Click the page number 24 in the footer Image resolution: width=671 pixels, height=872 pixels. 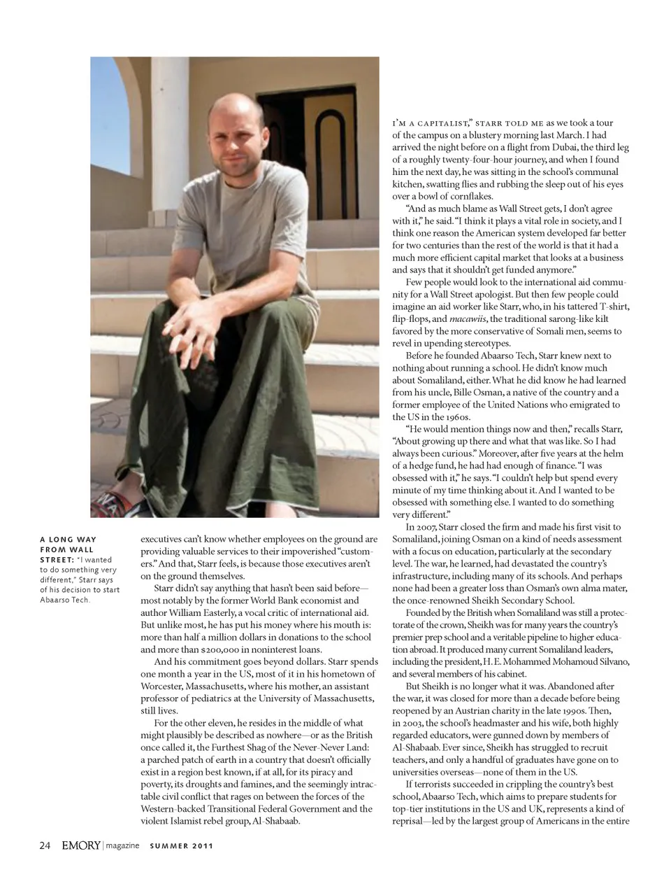[45, 845]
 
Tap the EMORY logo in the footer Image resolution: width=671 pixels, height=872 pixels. [80, 845]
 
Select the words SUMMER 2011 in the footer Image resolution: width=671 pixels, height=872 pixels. [182, 846]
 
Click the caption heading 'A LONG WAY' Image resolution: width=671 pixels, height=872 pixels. [68, 540]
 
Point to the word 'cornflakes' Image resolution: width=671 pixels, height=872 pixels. [471, 196]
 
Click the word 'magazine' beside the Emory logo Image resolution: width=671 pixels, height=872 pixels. [122, 846]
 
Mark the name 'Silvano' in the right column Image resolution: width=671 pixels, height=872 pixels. [610, 661]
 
